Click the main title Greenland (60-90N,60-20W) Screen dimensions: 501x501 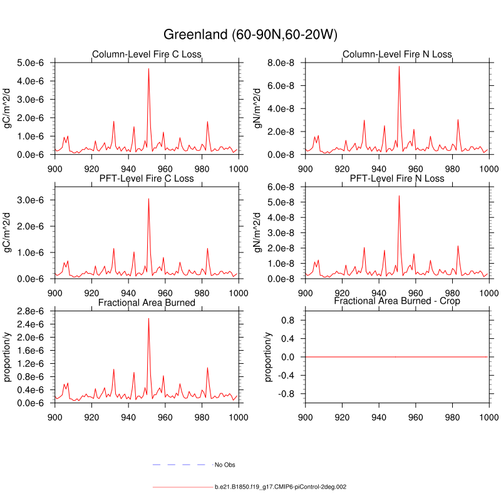[250, 34]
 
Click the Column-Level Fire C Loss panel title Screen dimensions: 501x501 [147, 54]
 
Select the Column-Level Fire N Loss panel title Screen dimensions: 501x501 [397, 54]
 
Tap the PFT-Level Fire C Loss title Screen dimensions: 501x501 [147, 178]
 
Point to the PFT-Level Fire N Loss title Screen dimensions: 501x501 [397, 178]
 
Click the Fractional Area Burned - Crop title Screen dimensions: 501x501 [397, 301]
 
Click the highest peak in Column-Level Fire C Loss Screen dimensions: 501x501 [148, 69]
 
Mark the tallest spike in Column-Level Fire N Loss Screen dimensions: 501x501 [399, 66]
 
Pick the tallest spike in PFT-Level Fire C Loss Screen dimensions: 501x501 [148, 199]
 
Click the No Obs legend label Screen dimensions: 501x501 [225, 465]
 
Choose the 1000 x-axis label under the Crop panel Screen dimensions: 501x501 [488, 415]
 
